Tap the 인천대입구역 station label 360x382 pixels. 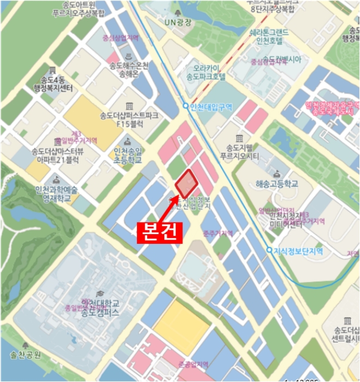click(x=211, y=106)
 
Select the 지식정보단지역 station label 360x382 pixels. click(x=298, y=250)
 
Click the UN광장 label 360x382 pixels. click(x=178, y=22)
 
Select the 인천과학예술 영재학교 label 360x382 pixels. click(x=53, y=194)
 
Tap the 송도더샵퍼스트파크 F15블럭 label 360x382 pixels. click(x=129, y=120)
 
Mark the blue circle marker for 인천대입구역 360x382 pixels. click(x=185, y=106)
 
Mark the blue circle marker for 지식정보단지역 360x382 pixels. click(x=269, y=250)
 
